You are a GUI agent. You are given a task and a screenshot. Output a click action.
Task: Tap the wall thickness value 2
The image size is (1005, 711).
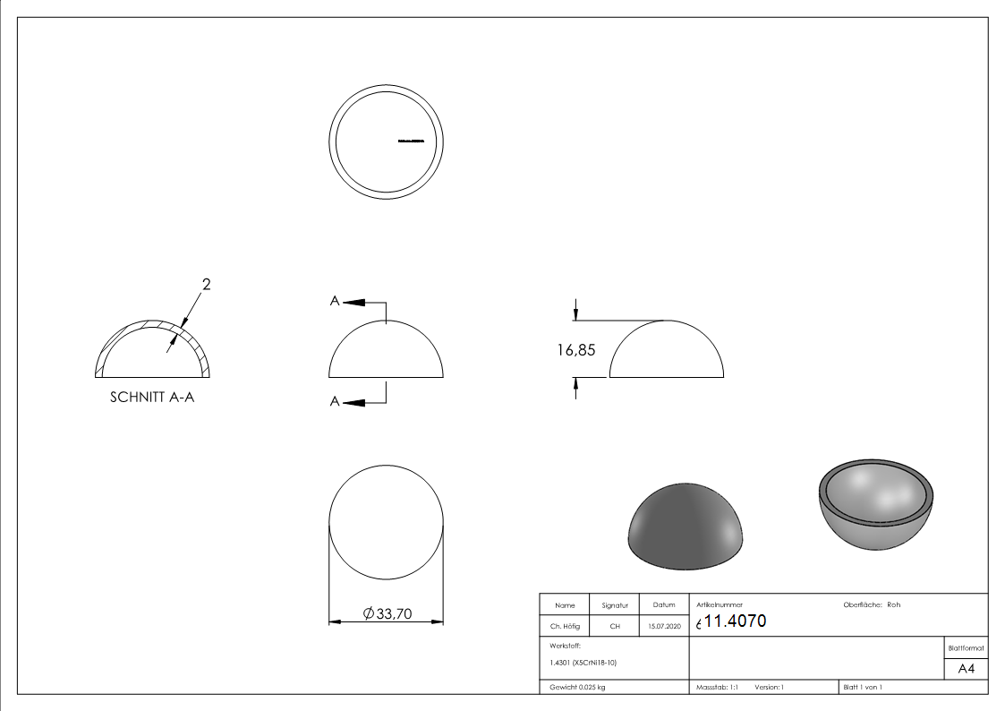tap(206, 285)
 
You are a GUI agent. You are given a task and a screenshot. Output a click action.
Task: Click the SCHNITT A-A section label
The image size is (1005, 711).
tap(152, 397)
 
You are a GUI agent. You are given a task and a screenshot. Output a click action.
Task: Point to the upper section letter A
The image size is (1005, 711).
tap(335, 302)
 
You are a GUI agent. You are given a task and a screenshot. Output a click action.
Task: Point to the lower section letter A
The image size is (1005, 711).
tap(335, 402)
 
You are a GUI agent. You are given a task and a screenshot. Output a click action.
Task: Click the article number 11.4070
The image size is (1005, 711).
tap(736, 621)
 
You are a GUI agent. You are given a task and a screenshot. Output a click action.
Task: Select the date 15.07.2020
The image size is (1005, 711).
tap(664, 627)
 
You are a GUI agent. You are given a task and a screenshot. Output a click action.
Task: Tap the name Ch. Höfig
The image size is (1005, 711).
tap(565, 627)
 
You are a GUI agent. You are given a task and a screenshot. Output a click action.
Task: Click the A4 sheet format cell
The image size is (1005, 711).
tap(966, 669)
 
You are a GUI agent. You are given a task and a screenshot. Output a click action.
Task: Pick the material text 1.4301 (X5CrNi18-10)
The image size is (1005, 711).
tap(583, 663)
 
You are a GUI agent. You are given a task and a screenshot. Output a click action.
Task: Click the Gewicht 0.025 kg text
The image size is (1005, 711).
tap(577, 688)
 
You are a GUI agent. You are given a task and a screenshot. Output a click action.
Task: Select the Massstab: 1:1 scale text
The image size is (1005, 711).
tap(717, 688)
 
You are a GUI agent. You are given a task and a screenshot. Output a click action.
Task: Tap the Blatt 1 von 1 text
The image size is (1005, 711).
tap(862, 688)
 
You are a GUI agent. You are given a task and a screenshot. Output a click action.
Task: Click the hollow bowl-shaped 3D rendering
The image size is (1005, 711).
tap(877, 507)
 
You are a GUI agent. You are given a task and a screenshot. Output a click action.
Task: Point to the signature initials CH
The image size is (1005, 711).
tap(615, 627)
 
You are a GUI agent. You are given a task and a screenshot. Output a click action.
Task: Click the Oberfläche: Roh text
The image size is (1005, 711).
tap(872, 605)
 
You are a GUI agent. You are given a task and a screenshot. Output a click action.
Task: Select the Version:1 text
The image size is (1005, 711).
tap(769, 688)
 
